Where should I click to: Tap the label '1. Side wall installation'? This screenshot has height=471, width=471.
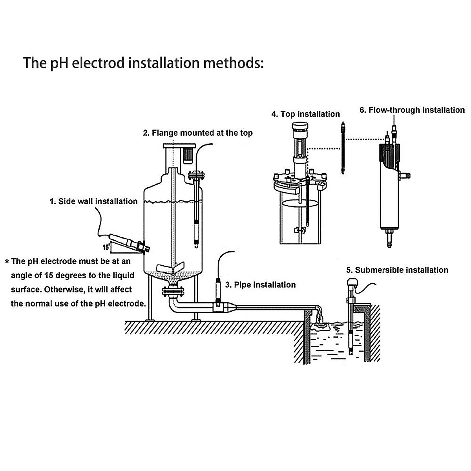93,201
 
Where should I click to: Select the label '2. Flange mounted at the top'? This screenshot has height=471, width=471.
197,133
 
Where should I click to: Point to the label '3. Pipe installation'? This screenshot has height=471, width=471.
260,285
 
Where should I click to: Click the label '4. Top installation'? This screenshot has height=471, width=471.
305,114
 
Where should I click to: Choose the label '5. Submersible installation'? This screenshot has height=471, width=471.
397,270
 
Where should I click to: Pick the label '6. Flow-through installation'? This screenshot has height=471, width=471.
412,110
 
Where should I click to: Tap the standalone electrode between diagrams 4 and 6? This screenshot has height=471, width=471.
343,149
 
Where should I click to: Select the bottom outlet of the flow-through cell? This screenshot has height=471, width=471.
389,237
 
